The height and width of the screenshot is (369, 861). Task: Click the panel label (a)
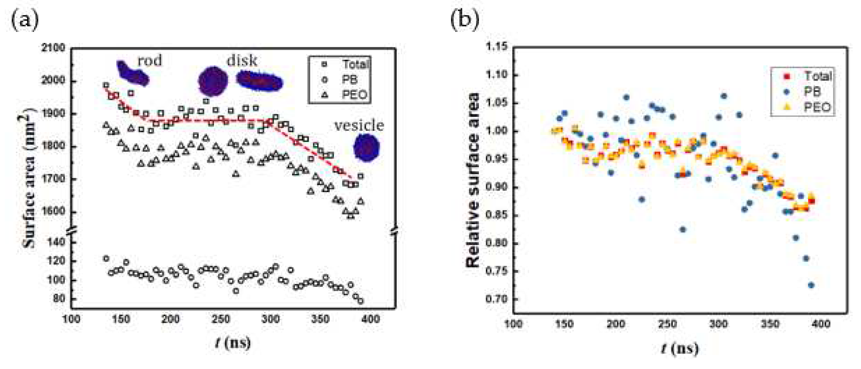pos(25,20)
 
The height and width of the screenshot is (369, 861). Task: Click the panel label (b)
pos(465,20)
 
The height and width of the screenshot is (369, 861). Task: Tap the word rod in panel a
pos(150,61)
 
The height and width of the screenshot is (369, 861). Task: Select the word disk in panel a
pos(242,61)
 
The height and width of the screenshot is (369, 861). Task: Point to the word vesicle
pos(359,126)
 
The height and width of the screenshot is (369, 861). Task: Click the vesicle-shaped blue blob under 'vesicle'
pos(367,148)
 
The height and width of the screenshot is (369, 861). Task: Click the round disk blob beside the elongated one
pos(213,81)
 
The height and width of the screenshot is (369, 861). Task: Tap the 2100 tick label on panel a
pos(53,48)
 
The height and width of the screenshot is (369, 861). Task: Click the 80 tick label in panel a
pos(59,298)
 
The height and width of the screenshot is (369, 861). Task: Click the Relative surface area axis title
pos(473,180)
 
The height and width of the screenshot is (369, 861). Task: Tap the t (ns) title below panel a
pos(233,343)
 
